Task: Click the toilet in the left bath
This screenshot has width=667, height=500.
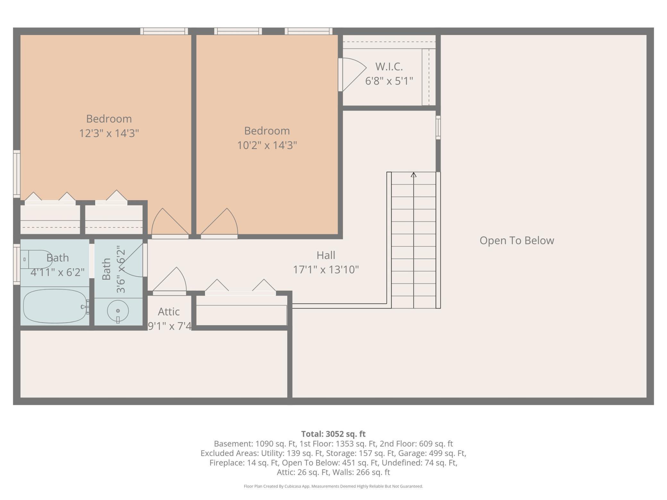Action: click(36, 259)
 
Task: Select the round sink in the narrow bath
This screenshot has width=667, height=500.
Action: click(118, 311)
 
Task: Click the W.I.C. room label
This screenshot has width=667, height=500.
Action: click(389, 67)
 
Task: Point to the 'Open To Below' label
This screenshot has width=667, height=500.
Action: click(517, 240)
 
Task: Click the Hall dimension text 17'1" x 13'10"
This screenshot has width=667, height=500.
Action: click(326, 270)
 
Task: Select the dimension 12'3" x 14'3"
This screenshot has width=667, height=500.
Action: click(109, 133)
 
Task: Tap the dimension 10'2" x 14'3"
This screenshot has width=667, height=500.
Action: click(267, 145)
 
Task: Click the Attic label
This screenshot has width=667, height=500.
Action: click(169, 312)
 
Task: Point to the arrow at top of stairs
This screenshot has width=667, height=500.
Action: click(414, 175)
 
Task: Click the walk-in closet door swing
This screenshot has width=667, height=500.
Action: click(353, 74)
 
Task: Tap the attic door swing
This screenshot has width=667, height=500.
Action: click(170, 281)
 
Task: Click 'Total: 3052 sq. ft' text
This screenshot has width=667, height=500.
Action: click(333, 434)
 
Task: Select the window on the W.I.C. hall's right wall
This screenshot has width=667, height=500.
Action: click(438, 128)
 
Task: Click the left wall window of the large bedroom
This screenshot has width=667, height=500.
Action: click(17, 174)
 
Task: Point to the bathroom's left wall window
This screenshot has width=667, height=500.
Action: click(17, 264)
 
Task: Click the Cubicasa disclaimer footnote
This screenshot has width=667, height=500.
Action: click(333, 486)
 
